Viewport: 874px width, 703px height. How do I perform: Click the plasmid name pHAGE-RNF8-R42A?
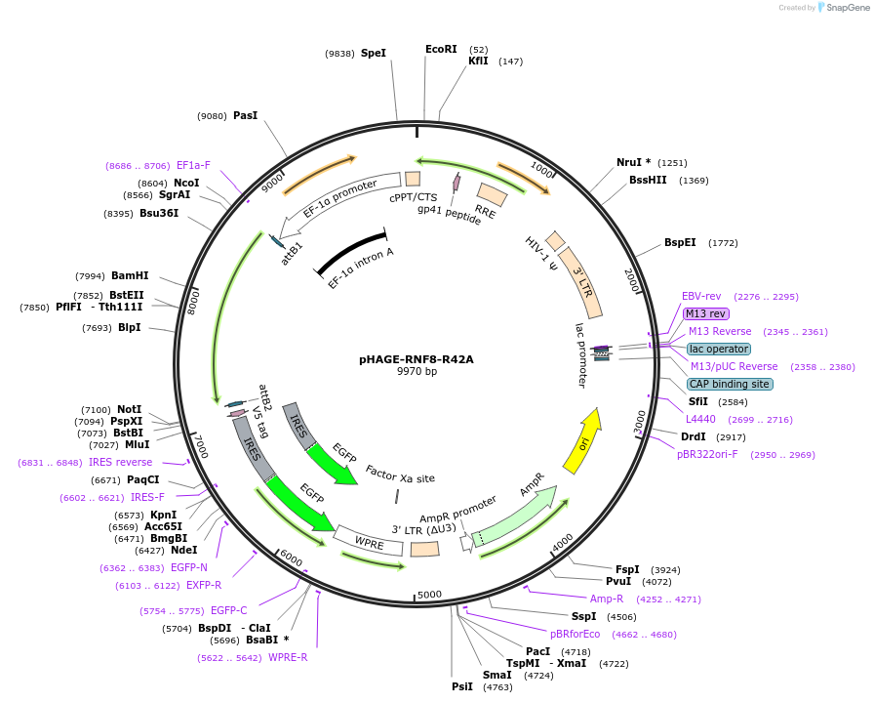417,359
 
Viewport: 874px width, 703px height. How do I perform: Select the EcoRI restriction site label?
441,49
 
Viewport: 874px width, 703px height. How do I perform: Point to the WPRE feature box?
369,542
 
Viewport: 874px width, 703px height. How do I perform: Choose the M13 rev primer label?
705,313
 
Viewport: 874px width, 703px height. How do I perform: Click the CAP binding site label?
730,384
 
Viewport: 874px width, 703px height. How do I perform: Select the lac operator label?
719,349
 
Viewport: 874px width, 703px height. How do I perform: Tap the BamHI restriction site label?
130,275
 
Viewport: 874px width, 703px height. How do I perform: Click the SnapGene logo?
845,8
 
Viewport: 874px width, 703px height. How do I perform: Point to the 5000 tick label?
430,594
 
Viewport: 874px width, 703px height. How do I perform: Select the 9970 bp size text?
417,372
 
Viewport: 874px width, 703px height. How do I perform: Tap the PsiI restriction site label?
461,686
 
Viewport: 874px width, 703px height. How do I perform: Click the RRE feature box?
491,195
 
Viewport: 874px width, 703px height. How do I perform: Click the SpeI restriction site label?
374,53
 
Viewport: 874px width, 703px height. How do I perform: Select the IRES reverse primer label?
120,462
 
